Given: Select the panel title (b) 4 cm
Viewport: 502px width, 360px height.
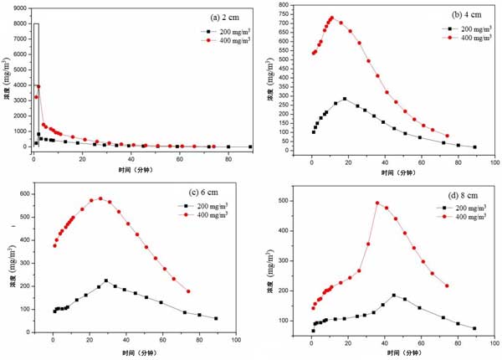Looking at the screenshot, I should coord(458,15).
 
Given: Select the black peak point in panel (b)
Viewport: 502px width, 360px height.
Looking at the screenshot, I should coord(344,99).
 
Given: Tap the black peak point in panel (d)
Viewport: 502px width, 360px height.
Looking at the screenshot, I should coord(394,295).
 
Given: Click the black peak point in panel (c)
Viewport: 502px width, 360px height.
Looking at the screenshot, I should coord(106,280).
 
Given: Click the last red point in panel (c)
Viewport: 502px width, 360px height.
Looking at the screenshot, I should coord(188,291).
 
